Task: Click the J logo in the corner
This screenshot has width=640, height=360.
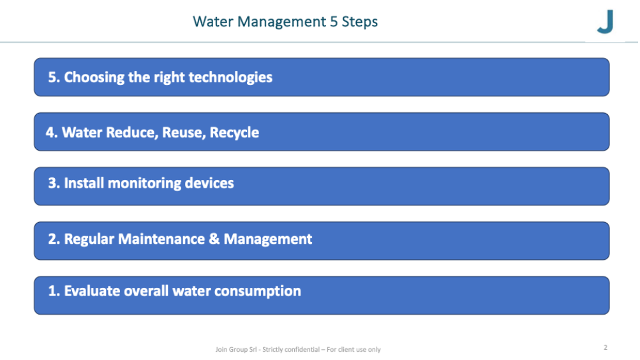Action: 606,21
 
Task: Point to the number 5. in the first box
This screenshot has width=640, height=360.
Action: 54,77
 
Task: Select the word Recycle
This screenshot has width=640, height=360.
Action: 234,133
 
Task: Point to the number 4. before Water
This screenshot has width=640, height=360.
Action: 52,132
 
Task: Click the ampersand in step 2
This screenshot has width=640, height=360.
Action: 214,239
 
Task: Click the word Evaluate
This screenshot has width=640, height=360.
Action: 92,290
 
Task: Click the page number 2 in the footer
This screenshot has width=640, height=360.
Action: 606,347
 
